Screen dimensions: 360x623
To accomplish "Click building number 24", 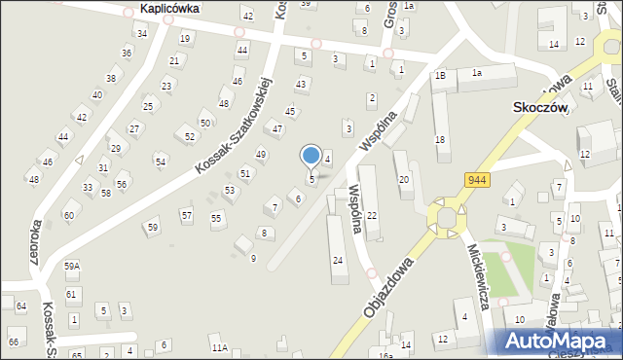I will [338, 260].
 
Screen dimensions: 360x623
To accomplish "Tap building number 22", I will [371, 215].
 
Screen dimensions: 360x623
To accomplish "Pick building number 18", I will [440, 140].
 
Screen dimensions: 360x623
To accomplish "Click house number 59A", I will [71, 265].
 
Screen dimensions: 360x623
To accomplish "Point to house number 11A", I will [219, 347].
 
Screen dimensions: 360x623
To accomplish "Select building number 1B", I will [441, 75].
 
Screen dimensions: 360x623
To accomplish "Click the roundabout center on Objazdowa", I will [447, 216].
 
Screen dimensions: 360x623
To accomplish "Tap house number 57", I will [186, 214].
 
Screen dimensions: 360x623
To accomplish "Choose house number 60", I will [68, 215].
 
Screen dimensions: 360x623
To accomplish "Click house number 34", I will [141, 33].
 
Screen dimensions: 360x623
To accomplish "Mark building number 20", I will [404, 180].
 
